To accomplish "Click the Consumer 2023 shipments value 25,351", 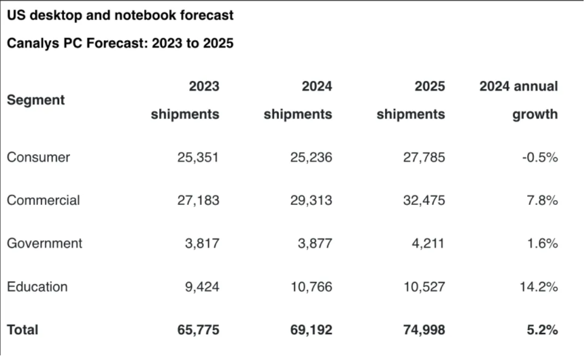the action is (x=198, y=157).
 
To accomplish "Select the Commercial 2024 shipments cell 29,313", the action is (x=311, y=200).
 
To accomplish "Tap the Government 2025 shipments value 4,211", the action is (x=428, y=243).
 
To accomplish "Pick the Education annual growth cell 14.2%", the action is (x=539, y=287).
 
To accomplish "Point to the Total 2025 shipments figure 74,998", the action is (x=424, y=330).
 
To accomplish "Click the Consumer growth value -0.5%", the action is (x=540, y=157).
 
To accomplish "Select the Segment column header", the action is (x=36, y=100).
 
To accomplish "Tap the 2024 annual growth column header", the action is (x=518, y=100).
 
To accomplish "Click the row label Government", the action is (x=44, y=243).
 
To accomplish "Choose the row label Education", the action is (x=37, y=287).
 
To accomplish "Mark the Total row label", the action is (x=22, y=330).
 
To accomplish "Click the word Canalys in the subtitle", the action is (x=33, y=44).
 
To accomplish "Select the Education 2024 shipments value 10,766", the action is (x=312, y=287).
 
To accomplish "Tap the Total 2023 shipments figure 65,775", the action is (x=198, y=330).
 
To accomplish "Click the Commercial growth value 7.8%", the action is (x=542, y=200).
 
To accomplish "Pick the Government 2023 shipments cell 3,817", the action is (x=202, y=243).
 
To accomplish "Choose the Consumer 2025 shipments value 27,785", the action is (x=424, y=157).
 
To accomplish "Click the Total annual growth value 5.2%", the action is (x=542, y=330).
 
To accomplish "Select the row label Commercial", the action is (x=44, y=200).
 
